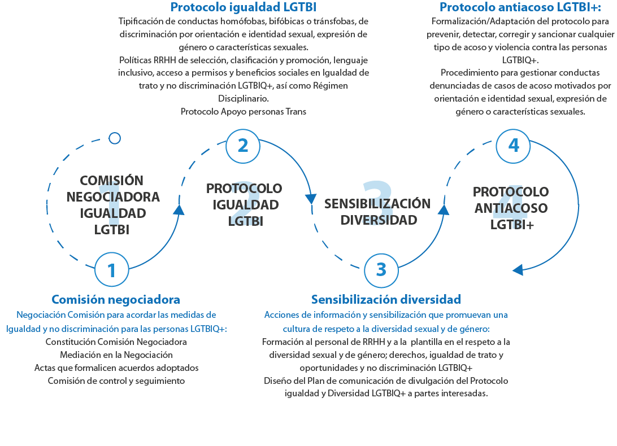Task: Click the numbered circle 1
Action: coord(111,270)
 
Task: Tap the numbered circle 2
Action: coord(243,145)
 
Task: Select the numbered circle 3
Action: coord(381,270)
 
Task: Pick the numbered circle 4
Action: coord(513,145)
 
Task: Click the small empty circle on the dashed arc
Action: coord(115,138)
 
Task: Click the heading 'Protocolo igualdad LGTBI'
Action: coord(243,7)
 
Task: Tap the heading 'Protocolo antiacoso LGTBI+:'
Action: coord(512,7)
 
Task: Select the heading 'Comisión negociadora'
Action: coord(116,299)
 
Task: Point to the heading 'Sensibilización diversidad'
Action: coord(386,299)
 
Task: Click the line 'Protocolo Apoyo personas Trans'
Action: coord(244,111)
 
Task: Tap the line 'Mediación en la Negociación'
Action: coord(116,355)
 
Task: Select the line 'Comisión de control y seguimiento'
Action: coord(116,381)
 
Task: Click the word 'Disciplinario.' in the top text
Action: coord(244,98)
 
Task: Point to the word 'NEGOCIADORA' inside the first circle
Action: coord(113,197)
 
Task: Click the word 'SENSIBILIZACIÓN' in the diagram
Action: coord(377,204)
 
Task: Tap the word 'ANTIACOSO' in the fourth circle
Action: coord(511,208)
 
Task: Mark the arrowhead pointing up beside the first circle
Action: coord(179,209)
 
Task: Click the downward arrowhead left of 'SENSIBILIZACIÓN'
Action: coord(311,199)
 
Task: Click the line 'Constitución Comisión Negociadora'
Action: coord(116,342)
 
